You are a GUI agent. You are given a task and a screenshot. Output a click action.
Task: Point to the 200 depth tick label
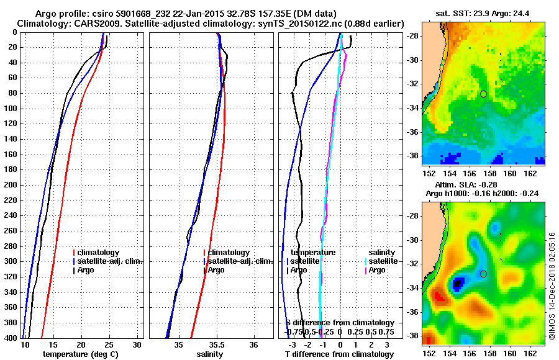(10, 185)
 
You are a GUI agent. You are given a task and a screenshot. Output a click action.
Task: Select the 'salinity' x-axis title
(211, 354)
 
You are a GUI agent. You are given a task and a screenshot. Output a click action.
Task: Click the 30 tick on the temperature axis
(137, 344)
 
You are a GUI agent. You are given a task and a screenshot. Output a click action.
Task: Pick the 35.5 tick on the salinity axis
(217, 344)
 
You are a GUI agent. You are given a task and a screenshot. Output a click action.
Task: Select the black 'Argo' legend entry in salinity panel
(216, 270)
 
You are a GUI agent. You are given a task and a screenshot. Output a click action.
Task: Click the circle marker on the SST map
(483, 94)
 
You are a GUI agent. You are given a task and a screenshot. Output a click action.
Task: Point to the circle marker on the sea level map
(483, 274)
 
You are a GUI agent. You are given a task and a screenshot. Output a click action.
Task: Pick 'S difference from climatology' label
(340, 323)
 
